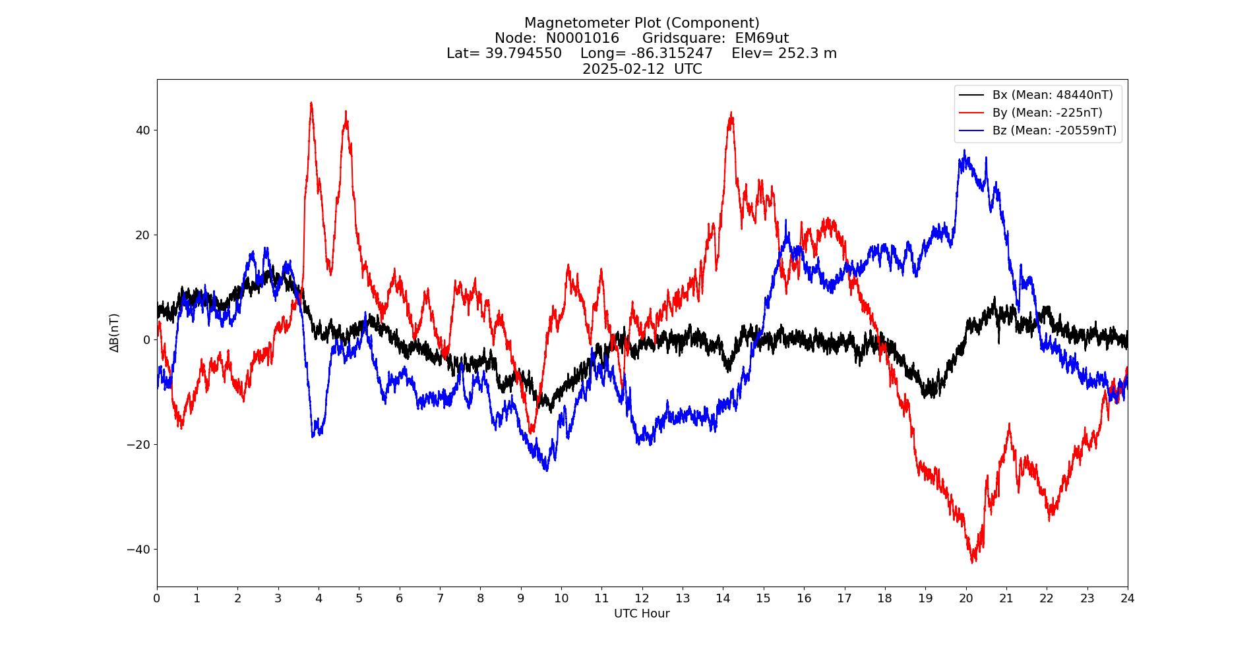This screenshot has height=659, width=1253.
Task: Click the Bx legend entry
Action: pyautogui.click(x=1052, y=95)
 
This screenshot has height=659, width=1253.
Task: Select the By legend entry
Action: pyautogui.click(x=1047, y=113)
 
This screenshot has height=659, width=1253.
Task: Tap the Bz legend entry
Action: pyautogui.click(x=1054, y=130)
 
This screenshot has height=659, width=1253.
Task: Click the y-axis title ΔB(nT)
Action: pyautogui.click(x=115, y=333)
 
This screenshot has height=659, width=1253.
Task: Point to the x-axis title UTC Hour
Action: pyautogui.click(x=642, y=614)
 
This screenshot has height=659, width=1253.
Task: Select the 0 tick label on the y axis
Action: pyautogui.click(x=146, y=339)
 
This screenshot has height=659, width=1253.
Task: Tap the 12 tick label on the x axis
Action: pyautogui.click(x=642, y=598)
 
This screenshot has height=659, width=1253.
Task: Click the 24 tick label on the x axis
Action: pyautogui.click(x=1127, y=598)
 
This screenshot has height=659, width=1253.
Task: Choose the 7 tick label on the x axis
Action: pyautogui.click(x=440, y=598)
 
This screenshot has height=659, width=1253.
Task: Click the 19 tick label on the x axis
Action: pyautogui.click(x=925, y=598)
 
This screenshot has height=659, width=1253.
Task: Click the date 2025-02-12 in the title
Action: pyautogui.click(x=623, y=69)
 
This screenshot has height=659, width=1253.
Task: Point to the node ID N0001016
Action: pyautogui.click(x=582, y=38)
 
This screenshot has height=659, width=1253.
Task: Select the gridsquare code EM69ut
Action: pyautogui.click(x=762, y=38)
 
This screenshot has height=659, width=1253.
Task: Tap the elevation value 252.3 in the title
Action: pyautogui.click(x=799, y=53)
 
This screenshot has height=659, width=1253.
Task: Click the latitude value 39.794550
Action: pyautogui.click(x=524, y=53)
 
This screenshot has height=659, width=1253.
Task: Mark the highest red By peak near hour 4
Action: pyautogui.click(x=311, y=103)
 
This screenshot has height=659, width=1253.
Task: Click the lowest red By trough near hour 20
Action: pyautogui.click(x=973, y=561)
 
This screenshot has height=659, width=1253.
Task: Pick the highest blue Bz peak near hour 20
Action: pyautogui.click(x=964, y=150)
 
